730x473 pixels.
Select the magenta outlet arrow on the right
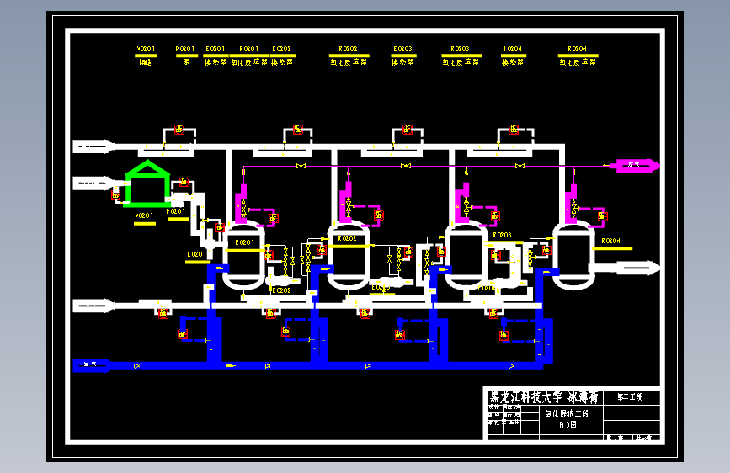pyautogui.click(x=632, y=166)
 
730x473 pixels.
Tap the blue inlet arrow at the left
pyautogui.click(x=92, y=365)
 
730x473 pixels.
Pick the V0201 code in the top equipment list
pyautogui.click(x=146, y=50)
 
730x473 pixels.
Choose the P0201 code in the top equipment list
pyautogui.click(x=185, y=50)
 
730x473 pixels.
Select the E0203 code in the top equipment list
pyautogui.click(x=402, y=50)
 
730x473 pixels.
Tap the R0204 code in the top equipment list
pyautogui.click(x=578, y=50)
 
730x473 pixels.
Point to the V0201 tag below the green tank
pyautogui.click(x=145, y=215)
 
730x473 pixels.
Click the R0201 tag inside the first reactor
pyautogui.click(x=245, y=242)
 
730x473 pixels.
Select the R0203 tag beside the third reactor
pyautogui.click(x=501, y=235)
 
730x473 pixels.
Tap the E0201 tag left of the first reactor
pyautogui.click(x=196, y=253)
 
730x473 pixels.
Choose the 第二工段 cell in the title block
pyautogui.click(x=629, y=396)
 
